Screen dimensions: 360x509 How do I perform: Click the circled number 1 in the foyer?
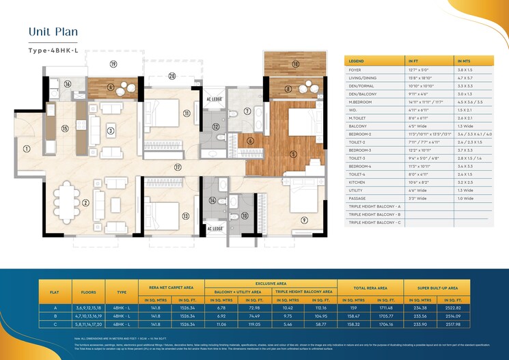(x=27, y=148)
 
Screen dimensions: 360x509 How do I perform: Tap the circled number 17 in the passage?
(x=177, y=167)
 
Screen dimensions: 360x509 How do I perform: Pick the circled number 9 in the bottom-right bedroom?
(x=304, y=219)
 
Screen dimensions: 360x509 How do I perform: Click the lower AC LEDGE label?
(x=214, y=229)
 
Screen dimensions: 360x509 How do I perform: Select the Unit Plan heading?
(x=53, y=31)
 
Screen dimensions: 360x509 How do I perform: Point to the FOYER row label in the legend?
(x=356, y=69)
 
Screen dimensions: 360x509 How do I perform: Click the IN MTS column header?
(x=466, y=61)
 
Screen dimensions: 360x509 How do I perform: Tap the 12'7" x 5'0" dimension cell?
(x=417, y=69)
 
